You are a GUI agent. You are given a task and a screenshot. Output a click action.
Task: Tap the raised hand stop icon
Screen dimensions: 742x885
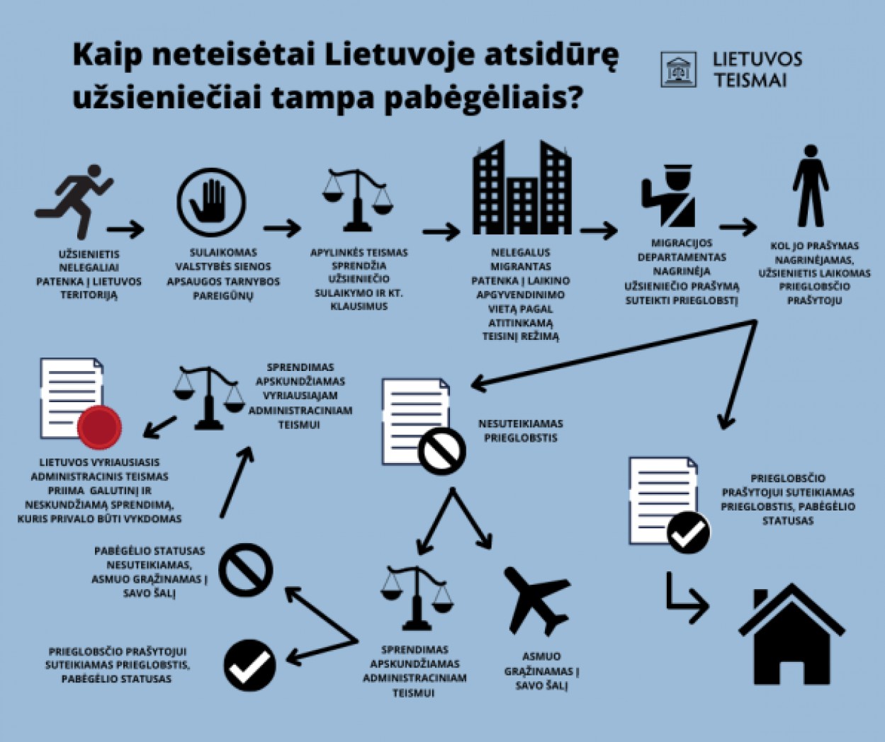coord(212,203)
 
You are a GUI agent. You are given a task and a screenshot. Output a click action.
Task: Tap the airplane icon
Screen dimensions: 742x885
coord(537,600)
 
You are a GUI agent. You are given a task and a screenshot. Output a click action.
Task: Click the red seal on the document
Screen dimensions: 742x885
coord(99,428)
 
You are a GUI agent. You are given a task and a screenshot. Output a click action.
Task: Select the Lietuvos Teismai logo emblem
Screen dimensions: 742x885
coord(678,69)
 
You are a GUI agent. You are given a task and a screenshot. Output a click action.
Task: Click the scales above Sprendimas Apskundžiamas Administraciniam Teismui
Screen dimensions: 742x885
coord(416,598)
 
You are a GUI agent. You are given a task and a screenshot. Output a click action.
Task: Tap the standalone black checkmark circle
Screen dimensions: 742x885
coord(249,666)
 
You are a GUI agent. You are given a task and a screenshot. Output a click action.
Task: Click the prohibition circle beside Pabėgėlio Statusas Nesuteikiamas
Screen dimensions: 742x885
coord(246,570)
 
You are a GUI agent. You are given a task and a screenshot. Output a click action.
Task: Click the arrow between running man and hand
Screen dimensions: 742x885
coord(126,229)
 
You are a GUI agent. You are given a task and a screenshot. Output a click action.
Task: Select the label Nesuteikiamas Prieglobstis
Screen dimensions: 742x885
coord(521,430)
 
